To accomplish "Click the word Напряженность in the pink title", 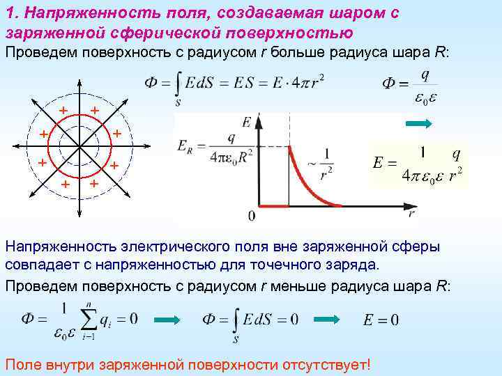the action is pyautogui.click(x=92, y=13).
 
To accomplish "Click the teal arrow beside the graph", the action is pyautogui.click(x=419, y=124).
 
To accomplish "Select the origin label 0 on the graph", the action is pyautogui.click(x=252, y=216).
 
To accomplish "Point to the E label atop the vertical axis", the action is pyautogui.click(x=247, y=122).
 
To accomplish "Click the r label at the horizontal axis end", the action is pyautogui.click(x=412, y=213).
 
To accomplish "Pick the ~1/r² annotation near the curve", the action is pyautogui.click(x=321, y=164).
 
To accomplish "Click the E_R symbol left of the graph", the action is pyautogui.click(x=185, y=148).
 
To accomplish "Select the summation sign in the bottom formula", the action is pyautogui.click(x=89, y=319).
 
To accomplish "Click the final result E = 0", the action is pyautogui.click(x=381, y=320).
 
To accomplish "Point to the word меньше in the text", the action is pyautogui.click(x=298, y=286).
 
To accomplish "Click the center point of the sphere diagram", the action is pyautogui.click(x=79, y=146).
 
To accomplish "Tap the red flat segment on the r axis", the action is pyautogui.click(x=274, y=206).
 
